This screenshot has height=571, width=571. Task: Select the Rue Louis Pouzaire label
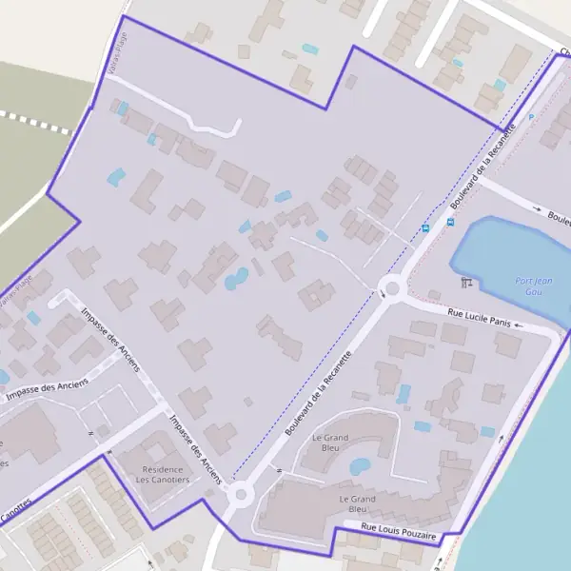(x=398, y=532)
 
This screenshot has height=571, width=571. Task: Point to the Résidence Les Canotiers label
(x=164, y=474)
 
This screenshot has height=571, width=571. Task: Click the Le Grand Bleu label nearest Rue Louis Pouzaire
(x=358, y=503)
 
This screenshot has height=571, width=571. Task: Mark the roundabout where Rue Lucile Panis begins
(x=391, y=288)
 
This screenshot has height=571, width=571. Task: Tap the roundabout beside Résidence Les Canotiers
(x=239, y=494)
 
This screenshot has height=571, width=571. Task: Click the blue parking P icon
(x=531, y=117)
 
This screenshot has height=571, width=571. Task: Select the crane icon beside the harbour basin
(x=465, y=282)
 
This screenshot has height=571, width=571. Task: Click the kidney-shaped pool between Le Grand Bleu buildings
(x=360, y=466)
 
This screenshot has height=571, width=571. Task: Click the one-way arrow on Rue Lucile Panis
(x=519, y=325)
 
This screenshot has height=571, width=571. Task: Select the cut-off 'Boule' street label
(x=560, y=218)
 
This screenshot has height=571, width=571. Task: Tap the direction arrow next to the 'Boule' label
(x=537, y=208)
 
